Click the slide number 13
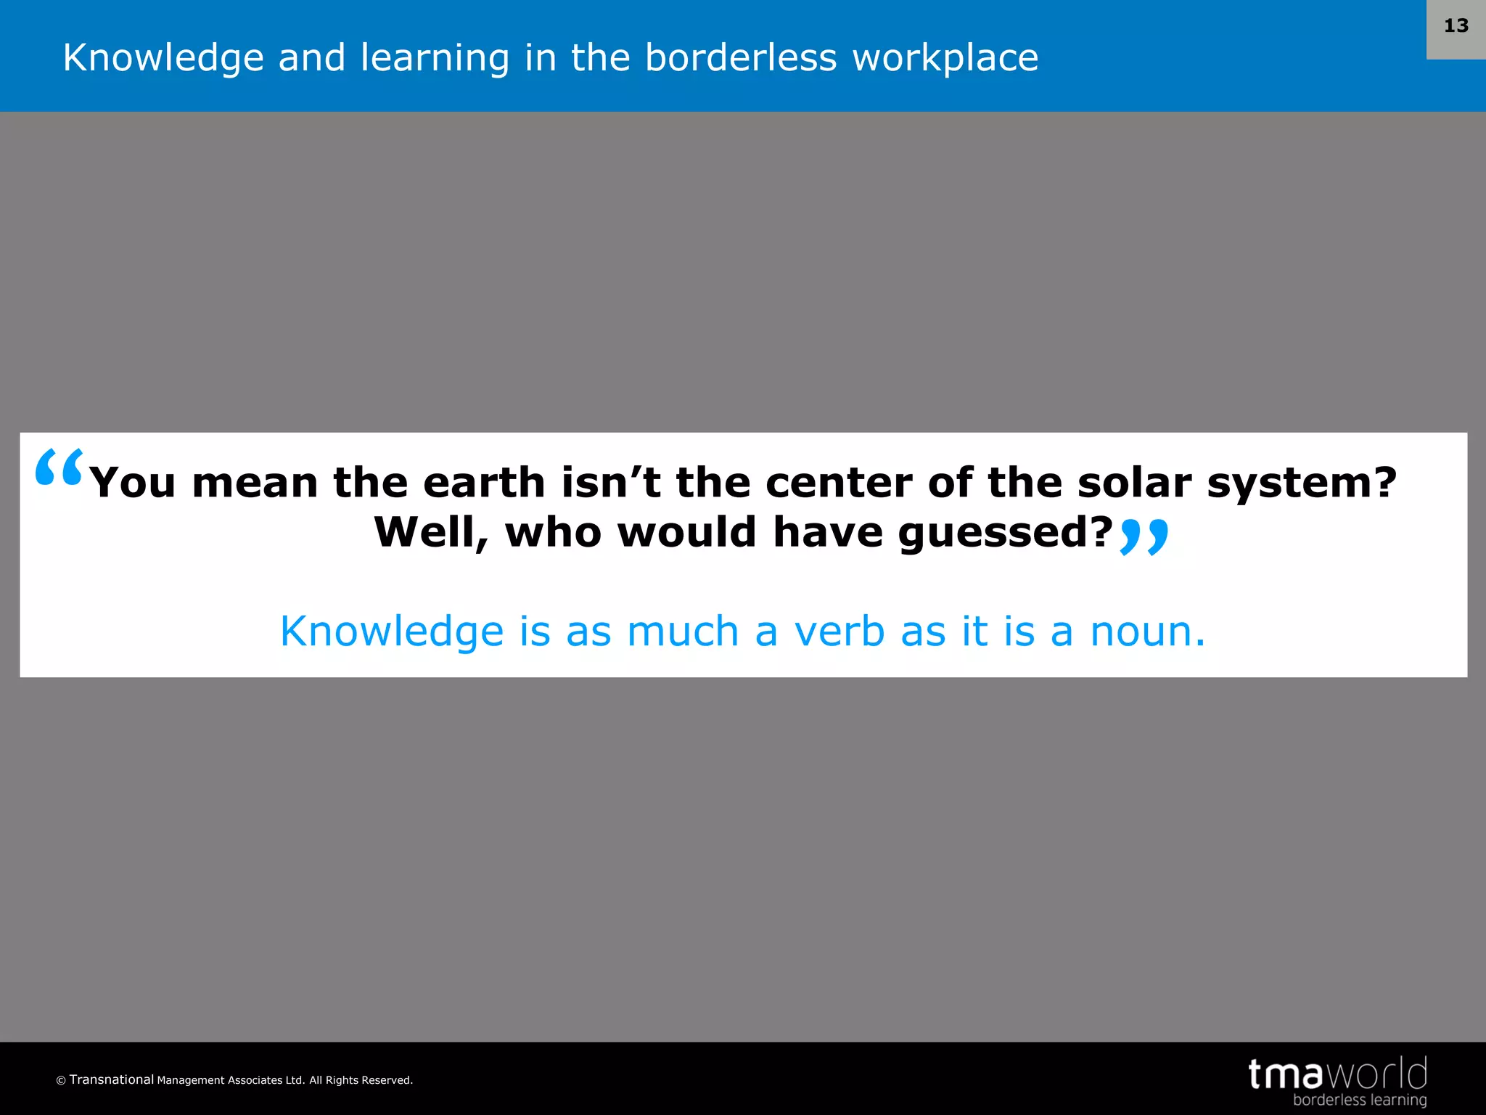click(1456, 26)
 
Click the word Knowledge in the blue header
click(163, 58)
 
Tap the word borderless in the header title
click(741, 58)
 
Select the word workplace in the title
click(945, 58)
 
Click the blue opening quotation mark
click(59, 468)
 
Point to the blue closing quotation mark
click(1144, 537)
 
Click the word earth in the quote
click(483, 483)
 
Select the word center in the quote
click(838, 483)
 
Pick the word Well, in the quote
click(431, 533)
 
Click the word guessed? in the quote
click(1005, 534)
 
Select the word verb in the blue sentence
click(840, 631)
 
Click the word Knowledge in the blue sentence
click(392, 632)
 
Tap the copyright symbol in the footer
click(61, 1081)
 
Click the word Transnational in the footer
click(112, 1079)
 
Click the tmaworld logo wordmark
click(1337, 1074)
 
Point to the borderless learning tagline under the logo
click(1359, 1100)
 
